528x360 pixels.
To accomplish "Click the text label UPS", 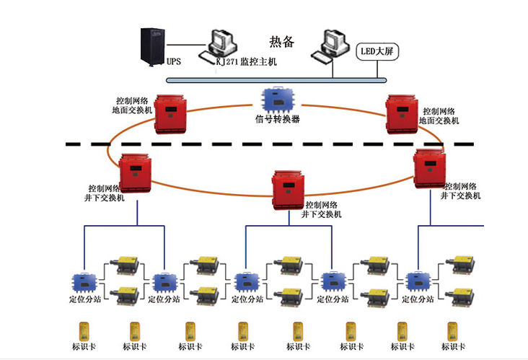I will click(174, 62).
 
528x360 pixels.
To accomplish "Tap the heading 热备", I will click(282, 42).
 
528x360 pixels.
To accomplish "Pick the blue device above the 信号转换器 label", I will click(276, 99).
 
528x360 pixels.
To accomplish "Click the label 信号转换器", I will click(277, 120).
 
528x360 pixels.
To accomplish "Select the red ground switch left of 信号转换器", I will click(170, 111).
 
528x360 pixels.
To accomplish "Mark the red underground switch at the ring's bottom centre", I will click(289, 189).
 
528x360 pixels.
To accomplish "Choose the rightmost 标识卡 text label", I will click(453, 347).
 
